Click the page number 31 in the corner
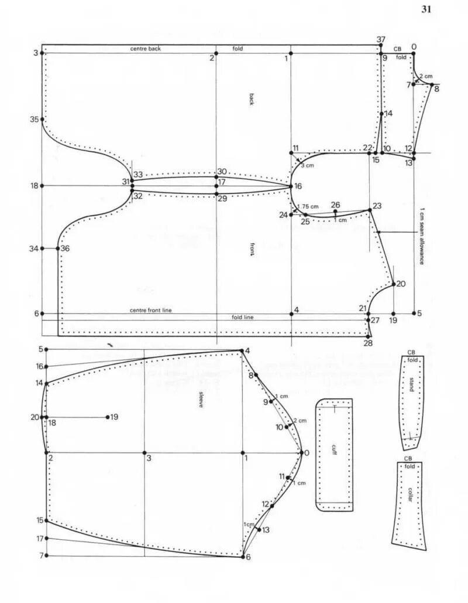[425, 9]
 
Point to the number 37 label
[381, 39]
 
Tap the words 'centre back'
[145, 49]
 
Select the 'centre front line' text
[151, 310]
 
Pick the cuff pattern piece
[334, 454]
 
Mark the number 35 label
[35, 120]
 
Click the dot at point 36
[58, 248]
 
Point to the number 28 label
[367, 343]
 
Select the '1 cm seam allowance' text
[422, 234]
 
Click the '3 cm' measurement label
[307, 166]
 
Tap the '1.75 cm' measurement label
[309, 206]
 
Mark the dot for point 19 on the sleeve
[107, 417]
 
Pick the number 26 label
[335, 205]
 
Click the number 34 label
[35, 249]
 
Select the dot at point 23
[369, 210]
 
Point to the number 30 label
[222, 172]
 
